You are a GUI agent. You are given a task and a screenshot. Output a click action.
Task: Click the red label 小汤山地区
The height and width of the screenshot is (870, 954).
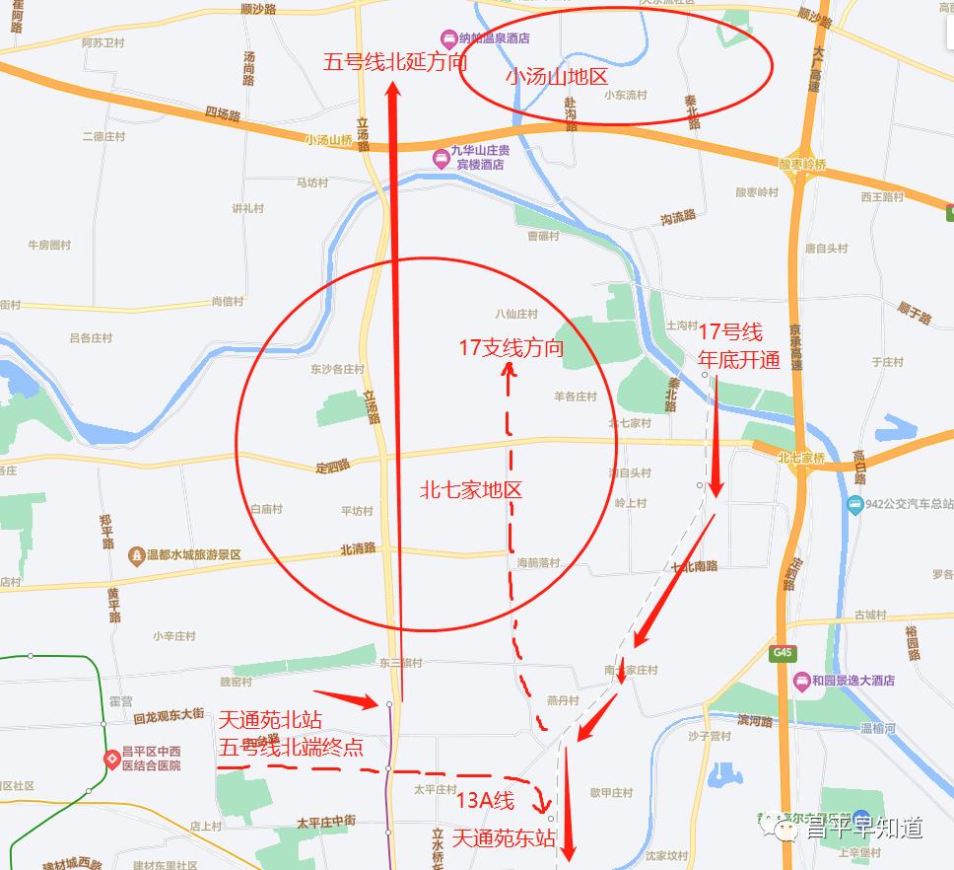pos(557,76)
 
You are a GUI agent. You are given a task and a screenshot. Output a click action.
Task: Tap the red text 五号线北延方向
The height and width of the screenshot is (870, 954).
pos(394,62)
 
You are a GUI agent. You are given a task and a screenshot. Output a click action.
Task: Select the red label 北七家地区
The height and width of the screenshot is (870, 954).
pos(470,489)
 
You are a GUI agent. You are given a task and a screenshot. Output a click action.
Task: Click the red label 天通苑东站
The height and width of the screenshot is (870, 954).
pos(504,839)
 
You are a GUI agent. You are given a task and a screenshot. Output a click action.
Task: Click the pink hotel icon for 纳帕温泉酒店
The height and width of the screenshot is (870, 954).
pos(448,38)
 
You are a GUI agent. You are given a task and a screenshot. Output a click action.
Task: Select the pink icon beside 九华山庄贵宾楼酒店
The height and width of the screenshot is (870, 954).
pos(440,157)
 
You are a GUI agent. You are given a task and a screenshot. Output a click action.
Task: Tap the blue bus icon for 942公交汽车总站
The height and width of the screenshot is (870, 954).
pos(854,505)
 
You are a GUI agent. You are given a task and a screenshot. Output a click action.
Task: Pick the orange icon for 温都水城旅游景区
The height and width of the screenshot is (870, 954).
pos(135,555)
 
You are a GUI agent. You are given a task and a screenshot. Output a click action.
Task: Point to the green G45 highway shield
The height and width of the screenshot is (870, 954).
pos(784,653)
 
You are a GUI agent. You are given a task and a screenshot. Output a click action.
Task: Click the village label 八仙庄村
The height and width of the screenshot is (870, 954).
pos(516,314)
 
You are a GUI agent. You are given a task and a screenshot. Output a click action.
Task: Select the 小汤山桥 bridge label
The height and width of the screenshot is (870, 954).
pos(328,140)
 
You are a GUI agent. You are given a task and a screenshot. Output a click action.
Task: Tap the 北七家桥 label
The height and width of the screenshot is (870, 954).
pos(800,458)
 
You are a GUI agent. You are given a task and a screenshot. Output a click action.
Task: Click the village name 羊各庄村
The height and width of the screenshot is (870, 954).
pos(576,397)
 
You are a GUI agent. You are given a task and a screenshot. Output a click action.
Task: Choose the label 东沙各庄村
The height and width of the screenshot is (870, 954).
pos(337,370)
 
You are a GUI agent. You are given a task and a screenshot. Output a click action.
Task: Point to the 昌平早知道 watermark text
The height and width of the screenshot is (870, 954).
pos(863,829)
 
